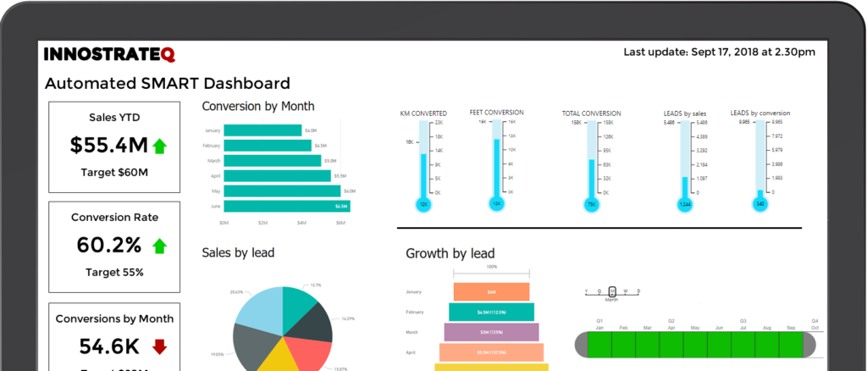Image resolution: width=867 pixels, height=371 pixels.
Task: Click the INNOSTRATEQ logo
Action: coord(109,55)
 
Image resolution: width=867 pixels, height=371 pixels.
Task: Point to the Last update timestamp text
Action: coord(719,53)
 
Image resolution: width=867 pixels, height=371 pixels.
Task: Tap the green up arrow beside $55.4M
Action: coord(159,147)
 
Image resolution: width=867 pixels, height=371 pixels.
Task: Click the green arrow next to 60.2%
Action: coord(159,246)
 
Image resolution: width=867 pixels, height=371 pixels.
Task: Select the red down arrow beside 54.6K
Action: coord(159,346)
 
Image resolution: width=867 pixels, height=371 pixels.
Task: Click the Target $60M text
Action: coord(114,173)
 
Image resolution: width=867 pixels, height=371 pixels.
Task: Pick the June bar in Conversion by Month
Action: coord(287,206)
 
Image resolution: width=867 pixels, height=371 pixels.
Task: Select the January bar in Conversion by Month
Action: coord(263,130)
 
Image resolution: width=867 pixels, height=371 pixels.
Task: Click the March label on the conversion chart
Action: coord(213,161)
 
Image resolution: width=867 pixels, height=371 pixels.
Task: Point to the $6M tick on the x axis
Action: coord(340,224)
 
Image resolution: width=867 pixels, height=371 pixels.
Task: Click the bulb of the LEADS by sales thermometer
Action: coord(685,204)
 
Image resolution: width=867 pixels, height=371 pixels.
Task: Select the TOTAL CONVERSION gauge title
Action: coord(591,114)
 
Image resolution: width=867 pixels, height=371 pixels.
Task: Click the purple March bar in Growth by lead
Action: coord(491,332)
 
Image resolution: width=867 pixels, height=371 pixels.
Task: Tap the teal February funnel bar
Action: coord(491,312)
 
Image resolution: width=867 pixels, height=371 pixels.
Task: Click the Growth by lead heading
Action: coord(450,253)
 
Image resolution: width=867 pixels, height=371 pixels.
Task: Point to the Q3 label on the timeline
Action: coord(743,321)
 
